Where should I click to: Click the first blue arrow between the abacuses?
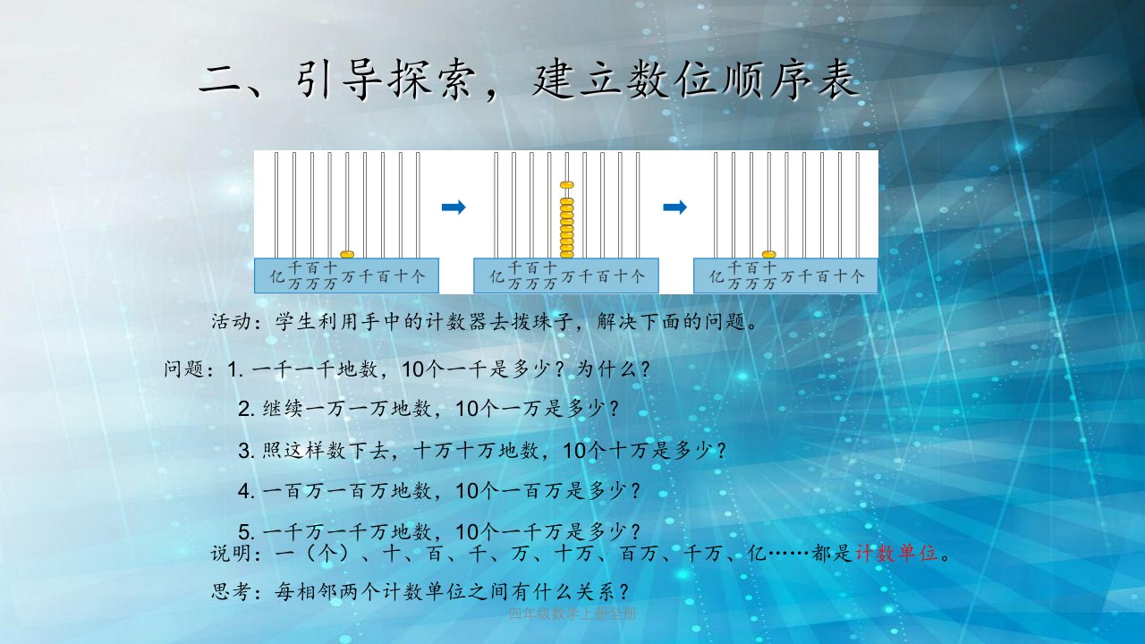click(454, 207)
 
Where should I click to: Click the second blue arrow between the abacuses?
click(674, 207)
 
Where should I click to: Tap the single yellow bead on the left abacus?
click(347, 255)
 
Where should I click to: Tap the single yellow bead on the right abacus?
click(768, 255)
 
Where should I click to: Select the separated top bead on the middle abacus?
click(567, 185)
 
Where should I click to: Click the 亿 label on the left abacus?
click(277, 276)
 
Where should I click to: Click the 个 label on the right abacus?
click(857, 276)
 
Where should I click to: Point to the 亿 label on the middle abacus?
click(496, 276)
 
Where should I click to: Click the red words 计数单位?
click(897, 553)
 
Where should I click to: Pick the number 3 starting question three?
click(245, 451)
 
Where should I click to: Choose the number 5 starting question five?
click(245, 532)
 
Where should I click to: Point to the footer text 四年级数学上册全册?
click(572, 614)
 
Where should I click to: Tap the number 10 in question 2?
click(466, 410)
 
